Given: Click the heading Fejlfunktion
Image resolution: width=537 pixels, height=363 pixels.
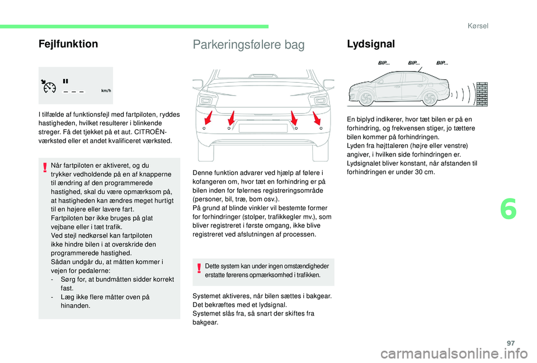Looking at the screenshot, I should point(68,44).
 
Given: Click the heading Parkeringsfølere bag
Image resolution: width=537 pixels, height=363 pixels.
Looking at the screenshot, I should point(248,45).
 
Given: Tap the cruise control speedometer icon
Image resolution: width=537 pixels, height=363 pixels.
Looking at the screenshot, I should point(49,87).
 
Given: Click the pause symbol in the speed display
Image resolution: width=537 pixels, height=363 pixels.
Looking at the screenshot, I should point(65,81).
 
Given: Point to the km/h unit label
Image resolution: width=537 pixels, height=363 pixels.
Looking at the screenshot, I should point(106,91).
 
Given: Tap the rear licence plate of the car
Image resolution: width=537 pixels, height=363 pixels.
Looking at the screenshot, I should point(263,128).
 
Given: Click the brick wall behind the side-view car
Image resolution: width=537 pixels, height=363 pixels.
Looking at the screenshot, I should point(482,93).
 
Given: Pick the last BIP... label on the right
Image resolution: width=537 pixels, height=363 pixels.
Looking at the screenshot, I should point(442,63).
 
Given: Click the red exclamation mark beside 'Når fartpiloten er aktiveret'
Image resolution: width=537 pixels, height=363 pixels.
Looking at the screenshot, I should point(44,166).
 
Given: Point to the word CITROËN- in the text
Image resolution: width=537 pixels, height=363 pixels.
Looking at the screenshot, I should point(162,132).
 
